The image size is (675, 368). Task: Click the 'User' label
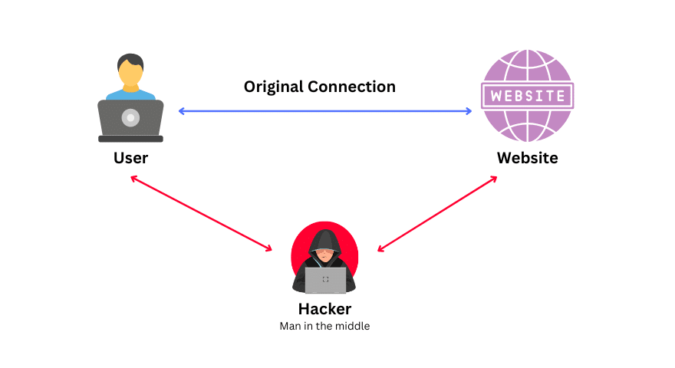130,158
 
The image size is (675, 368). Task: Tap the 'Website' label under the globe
527,158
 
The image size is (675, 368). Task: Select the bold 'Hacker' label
324,309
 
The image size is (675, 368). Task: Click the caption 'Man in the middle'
324,326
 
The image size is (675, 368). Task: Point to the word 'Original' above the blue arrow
274,87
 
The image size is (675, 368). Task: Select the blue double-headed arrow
325,111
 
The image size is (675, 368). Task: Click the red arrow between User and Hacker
201,214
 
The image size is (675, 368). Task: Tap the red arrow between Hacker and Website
437,214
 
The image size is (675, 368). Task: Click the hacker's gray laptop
325,280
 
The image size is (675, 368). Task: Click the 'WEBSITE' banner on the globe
527,96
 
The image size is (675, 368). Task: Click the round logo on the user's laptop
130,118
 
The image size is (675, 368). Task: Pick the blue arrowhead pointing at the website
468,111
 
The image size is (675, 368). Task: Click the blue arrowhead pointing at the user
183,111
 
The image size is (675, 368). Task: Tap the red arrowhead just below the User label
134,179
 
